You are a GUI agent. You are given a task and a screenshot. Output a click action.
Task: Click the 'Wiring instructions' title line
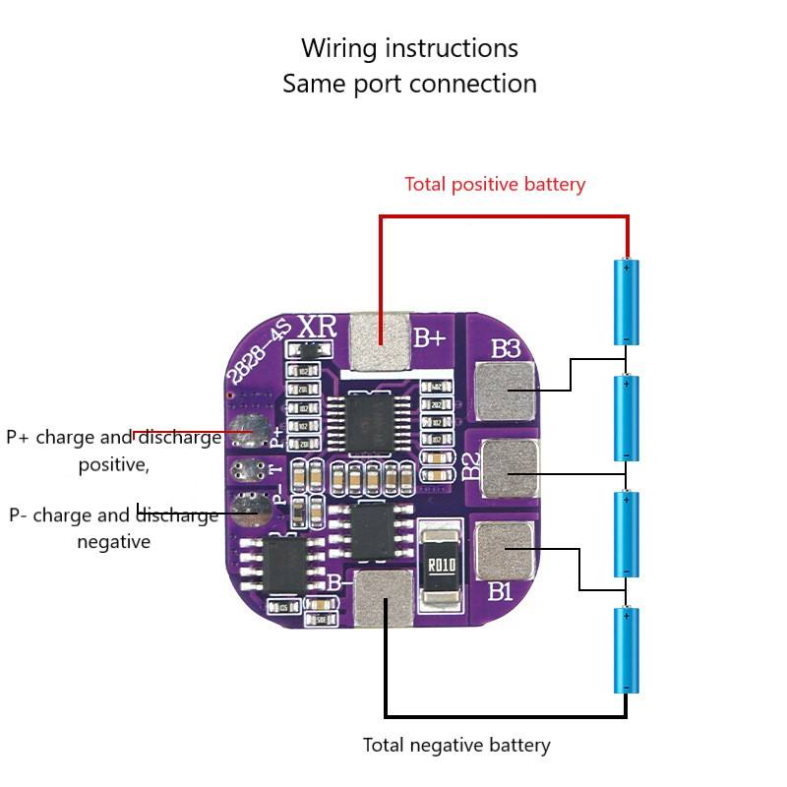pyautogui.click(x=409, y=48)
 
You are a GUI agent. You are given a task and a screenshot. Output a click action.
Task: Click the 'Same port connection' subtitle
pyautogui.click(x=409, y=84)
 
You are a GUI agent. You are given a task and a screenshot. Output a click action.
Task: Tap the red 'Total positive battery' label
pyautogui.click(x=495, y=184)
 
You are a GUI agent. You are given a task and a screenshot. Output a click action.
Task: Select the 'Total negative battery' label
pyautogui.click(x=456, y=745)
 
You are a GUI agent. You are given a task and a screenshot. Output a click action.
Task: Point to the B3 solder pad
pyautogui.click(x=507, y=390)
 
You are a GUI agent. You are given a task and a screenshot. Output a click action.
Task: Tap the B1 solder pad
pyautogui.click(x=505, y=548)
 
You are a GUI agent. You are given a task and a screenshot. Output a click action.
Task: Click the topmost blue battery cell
pyautogui.click(x=627, y=301)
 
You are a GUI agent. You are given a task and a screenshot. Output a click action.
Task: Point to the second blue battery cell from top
pyautogui.click(x=627, y=418)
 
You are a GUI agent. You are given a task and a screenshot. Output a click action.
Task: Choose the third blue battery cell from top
pyautogui.click(x=627, y=533)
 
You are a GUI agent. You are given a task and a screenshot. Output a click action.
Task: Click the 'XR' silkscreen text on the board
pyautogui.click(x=318, y=327)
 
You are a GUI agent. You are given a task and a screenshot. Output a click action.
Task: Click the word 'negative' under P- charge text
pyautogui.click(x=113, y=542)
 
